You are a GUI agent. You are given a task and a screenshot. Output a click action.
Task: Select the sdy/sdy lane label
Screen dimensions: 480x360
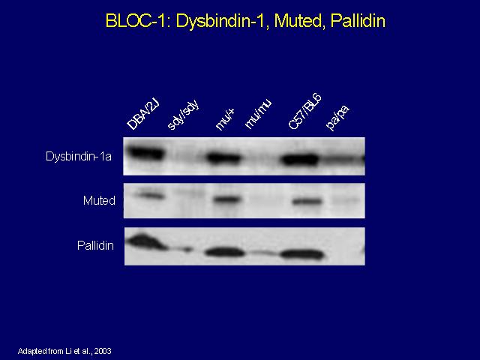pos(184,115)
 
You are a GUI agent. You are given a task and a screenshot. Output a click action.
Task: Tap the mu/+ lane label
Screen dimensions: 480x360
pos(225,120)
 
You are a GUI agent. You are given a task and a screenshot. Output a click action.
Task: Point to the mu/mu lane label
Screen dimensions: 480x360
pos(259,115)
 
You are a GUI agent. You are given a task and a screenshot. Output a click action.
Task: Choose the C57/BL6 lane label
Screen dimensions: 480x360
pos(305,112)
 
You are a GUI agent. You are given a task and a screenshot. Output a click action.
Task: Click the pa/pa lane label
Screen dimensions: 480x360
pos(338,118)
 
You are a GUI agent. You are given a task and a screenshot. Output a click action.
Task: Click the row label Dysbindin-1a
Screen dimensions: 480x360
pos(78,157)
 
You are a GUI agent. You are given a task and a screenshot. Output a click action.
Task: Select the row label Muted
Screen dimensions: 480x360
pos(99,200)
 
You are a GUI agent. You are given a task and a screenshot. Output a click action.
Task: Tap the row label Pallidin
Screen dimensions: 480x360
pos(95,245)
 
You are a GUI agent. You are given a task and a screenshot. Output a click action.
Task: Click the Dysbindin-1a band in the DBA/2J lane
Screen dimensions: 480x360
pos(145,153)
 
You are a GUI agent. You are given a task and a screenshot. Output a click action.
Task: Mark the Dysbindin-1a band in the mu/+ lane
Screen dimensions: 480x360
pos(223,158)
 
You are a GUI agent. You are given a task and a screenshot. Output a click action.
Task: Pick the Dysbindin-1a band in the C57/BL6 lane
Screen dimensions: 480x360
pos(300,160)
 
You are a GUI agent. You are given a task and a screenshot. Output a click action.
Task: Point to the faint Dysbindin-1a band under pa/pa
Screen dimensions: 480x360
pos(342,159)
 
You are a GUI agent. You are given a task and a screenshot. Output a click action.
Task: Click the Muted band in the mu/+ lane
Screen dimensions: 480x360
pos(226,199)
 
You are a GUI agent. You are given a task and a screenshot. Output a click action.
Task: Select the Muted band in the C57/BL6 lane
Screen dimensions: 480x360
pos(307,202)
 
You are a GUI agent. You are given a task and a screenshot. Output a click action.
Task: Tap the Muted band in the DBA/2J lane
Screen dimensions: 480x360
pos(149,195)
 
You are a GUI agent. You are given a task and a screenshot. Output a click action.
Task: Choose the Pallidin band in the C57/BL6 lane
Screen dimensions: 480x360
pos(301,255)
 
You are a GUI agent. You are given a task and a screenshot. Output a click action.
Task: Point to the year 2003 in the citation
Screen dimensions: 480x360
pos(103,351)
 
